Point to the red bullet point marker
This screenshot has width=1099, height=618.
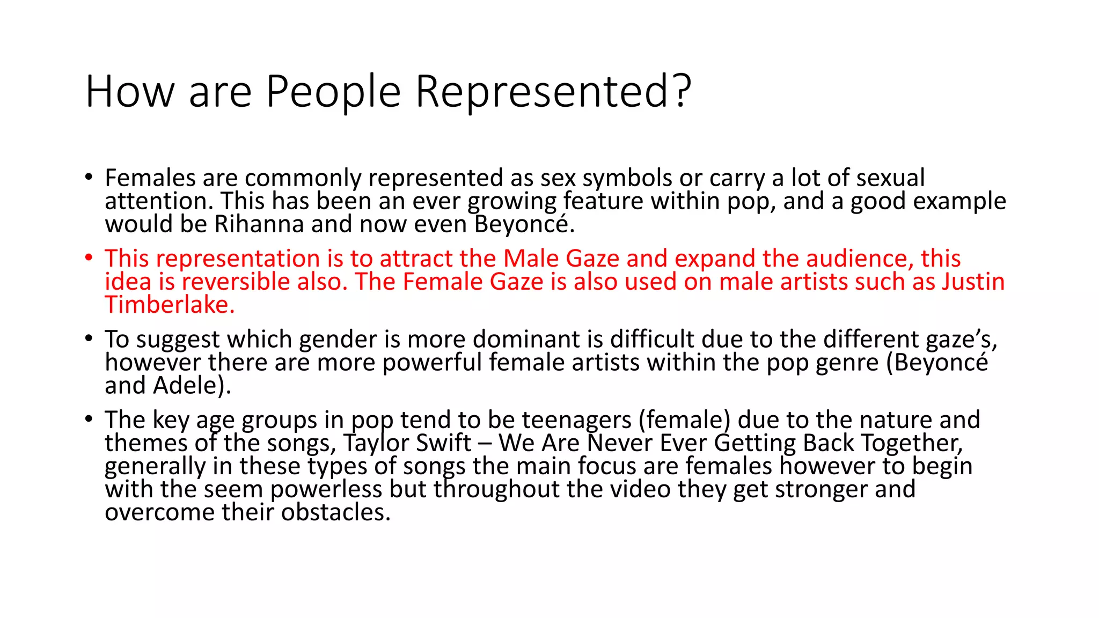pos(89,258)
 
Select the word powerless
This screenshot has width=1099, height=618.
pos(326,489)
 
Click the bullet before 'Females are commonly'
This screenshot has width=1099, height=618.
pos(89,178)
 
